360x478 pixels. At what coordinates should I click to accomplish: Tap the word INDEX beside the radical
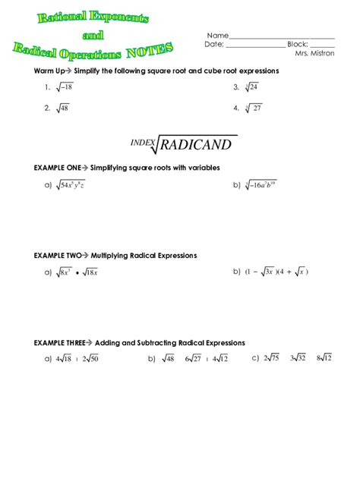coord(142,142)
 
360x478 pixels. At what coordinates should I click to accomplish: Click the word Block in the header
coord(297,44)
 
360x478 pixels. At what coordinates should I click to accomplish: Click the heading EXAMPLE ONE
coord(57,166)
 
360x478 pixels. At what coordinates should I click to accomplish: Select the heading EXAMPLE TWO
coord(57,256)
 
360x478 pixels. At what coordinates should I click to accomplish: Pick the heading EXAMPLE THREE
coord(60,343)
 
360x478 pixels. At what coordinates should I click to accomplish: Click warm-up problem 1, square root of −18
coord(63,87)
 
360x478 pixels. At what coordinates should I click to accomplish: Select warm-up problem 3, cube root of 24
coord(251,87)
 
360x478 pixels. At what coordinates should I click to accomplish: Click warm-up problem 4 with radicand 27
coord(253,108)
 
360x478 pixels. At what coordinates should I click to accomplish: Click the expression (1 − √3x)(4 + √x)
coord(276,271)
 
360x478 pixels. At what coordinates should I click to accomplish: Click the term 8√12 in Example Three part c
coord(324,358)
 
